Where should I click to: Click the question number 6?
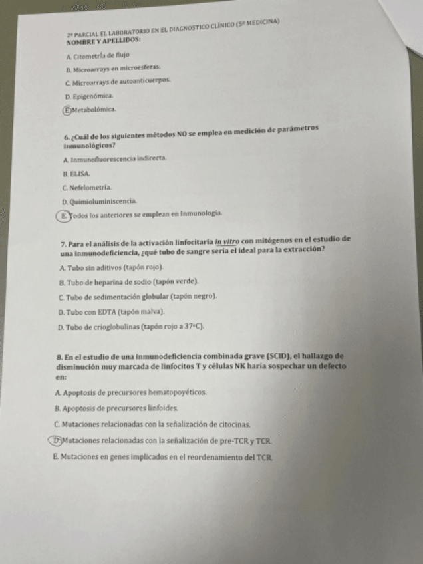pyautogui.click(x=63, y=138)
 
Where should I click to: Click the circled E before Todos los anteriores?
pyautogui.click(x=61, y=214)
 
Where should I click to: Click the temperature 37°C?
pyautogui.click(x=194, y=327)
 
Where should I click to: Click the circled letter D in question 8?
pyautogui.click(x=58, y=440)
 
